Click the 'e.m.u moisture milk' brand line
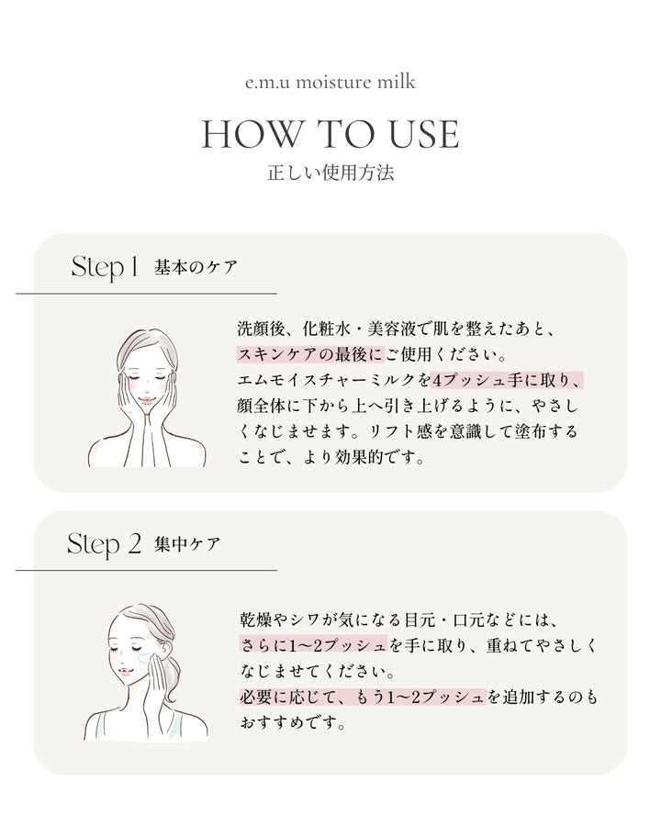coord(330,83)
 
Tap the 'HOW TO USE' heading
coord(330,134)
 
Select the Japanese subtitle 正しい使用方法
coord(330,173)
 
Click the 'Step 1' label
coord(104,268)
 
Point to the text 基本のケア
coord(196,269)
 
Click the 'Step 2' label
coord(104,544)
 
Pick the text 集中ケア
coord(187,545)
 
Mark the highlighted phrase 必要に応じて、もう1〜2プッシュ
coord(361,698)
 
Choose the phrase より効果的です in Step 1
coord(366,456)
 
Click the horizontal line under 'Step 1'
coord(147,294)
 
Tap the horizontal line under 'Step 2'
coord(147,570)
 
